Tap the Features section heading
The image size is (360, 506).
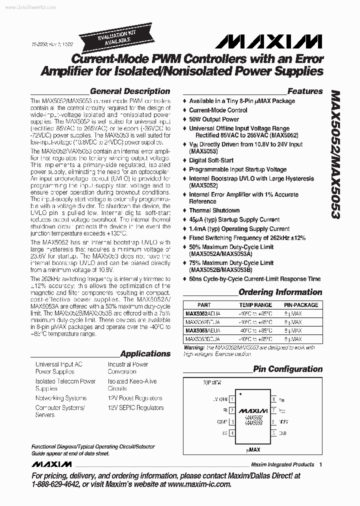click(305, 91)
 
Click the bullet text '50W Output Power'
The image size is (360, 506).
click(214, 119)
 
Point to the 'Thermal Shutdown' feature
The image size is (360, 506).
click(214, 210)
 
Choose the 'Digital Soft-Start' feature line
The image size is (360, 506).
click(211, 160)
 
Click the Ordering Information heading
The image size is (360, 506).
click(280, 292)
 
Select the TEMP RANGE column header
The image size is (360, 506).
click(255, 304)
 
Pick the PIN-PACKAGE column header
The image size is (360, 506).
click(301, 304)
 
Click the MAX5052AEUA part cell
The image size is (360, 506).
click(202, 313)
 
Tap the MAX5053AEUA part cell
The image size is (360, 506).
click(202, 330)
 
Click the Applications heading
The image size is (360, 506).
click(145, 353)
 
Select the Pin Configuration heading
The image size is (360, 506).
click(287, 369)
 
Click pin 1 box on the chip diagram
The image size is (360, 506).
click(231, 399)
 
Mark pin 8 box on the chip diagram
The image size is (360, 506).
click(273, 399)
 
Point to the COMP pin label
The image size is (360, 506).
click(222, 422)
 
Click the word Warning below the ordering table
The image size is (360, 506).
click(194, 347)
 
